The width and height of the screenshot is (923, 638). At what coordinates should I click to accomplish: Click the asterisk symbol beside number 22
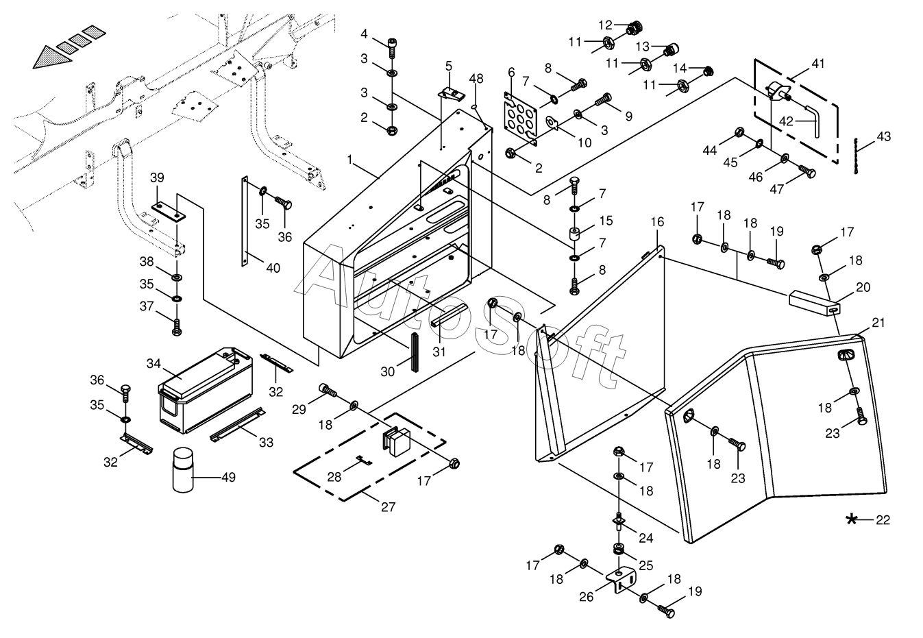pos(852,519)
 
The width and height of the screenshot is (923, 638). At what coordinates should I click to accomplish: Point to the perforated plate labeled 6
pos(523,120)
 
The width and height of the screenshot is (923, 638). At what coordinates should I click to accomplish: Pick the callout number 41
pos(818,63)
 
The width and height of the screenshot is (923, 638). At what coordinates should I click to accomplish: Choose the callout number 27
pos(389,508)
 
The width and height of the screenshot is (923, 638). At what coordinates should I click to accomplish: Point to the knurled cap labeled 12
pos(635,27)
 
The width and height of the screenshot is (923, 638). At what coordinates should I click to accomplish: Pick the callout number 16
pos(657,223)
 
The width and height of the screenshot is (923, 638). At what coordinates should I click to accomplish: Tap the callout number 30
pos(388,371)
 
